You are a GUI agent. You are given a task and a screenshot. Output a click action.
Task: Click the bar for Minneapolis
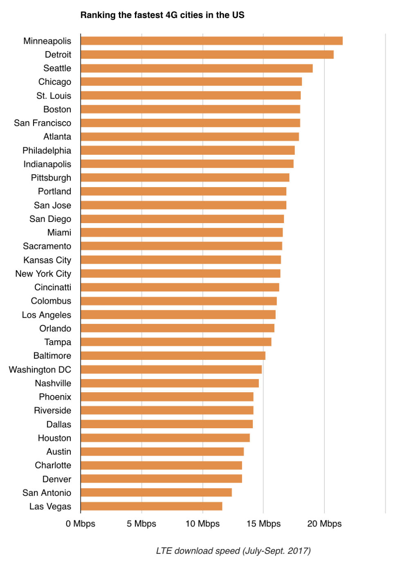click(211, 41)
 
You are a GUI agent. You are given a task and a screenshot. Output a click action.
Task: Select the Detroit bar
click(207, 54)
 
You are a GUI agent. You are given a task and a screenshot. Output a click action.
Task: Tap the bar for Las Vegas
click(151, 506)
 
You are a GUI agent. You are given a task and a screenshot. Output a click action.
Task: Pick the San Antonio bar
click(156, 492)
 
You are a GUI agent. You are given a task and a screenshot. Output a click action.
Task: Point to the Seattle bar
click(197, 68)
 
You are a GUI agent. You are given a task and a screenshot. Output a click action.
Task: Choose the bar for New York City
click(180, 273)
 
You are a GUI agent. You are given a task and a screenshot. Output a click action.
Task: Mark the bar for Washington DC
click(171, 369)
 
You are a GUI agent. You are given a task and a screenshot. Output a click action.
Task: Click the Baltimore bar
click(173, 356)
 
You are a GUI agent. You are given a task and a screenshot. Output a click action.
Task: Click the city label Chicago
click(55, 82)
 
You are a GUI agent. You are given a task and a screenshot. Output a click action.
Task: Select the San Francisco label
click(43, 123)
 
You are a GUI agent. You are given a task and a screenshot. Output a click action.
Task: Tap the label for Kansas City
click(47, 260)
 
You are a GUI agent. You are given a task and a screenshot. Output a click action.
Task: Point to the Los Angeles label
click(47, 315)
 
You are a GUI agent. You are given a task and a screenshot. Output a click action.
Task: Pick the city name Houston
click(54, 438)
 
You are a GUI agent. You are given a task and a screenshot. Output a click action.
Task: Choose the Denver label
click(57, 479)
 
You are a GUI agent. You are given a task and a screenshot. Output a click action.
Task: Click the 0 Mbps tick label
click(81, 524)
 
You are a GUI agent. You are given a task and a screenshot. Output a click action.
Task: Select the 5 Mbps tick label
click(142, 524)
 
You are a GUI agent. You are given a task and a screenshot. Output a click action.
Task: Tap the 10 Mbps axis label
click(202, 524)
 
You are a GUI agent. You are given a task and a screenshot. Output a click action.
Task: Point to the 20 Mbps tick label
click(324, 524)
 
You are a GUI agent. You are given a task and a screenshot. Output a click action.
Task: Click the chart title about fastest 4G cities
click(162, 15)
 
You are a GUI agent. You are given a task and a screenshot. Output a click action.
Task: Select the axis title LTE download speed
click(233, 551)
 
